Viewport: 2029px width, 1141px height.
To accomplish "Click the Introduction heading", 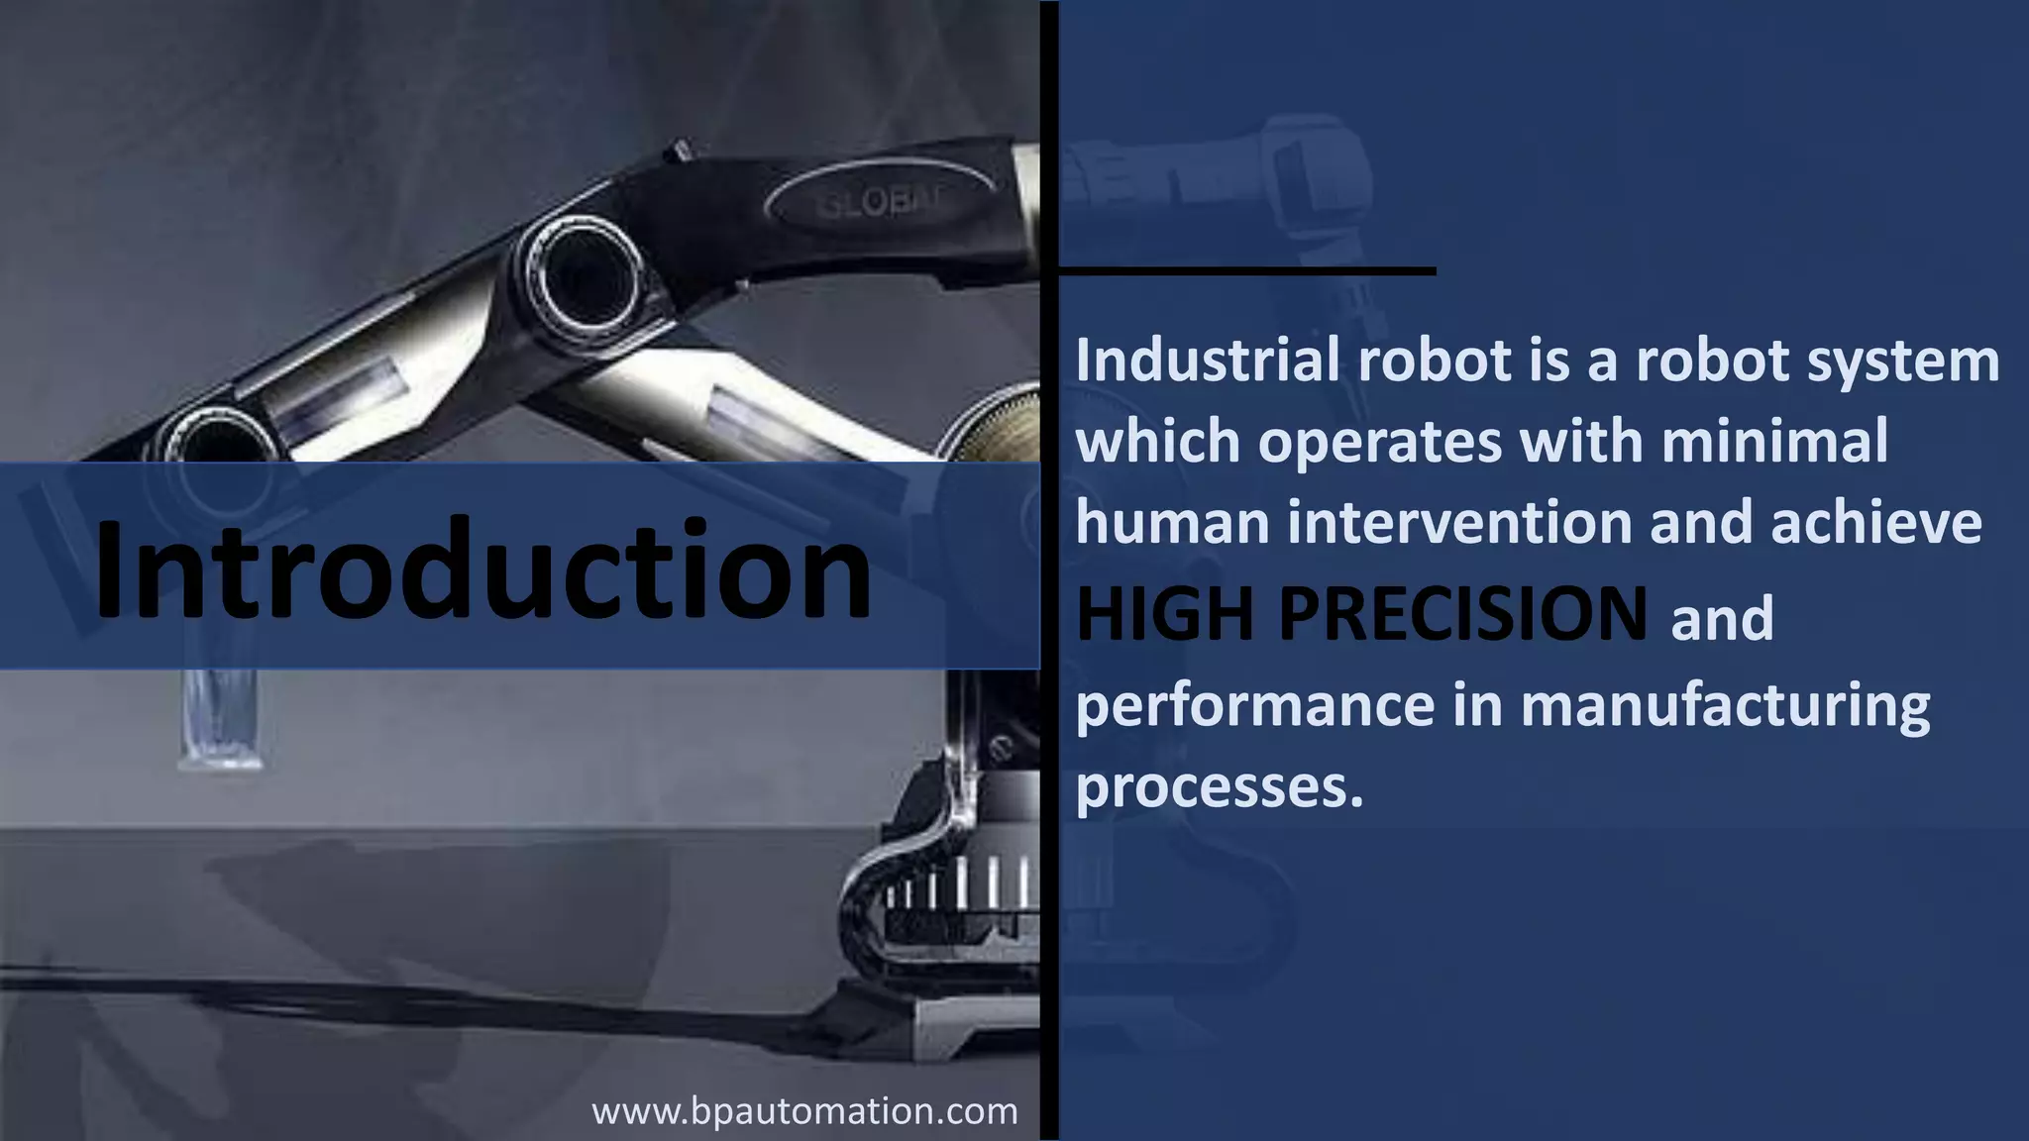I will pos(482,570).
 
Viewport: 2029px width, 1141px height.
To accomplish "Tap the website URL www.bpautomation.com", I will pos(804,1110).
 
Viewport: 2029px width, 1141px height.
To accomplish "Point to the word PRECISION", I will pos(1463,614).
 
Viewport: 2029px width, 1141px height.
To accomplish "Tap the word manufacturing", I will pos(1725,705).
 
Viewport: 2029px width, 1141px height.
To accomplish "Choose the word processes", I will pos(1219,786).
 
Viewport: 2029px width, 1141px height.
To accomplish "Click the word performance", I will pos(1254,705).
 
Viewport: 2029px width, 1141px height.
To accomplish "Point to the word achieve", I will pos(1875,522).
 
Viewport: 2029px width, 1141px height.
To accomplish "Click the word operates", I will pos(1380,442).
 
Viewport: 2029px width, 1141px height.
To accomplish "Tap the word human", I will pos(1172,522).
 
